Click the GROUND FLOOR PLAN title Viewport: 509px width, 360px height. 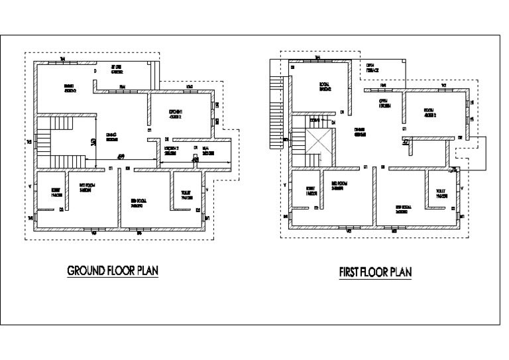(x=113, y=271)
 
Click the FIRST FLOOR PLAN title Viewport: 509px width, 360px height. (x=376, y=272)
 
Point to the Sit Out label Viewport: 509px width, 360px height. (x=117, y=69)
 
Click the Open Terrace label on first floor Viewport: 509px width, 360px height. (x=373, y=68)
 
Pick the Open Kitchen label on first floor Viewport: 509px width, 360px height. (x=384, y=103)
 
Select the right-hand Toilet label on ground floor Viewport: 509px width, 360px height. (x=186, y=196)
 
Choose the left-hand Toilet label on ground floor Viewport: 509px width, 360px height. (x=55, y=192)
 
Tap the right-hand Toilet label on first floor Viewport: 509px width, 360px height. (x=441, y=193)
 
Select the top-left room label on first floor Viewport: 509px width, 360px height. (x=325, y=86)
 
